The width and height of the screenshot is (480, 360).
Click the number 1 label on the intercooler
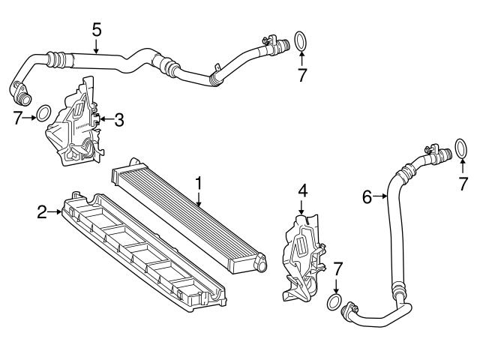199,182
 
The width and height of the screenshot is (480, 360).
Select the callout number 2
42,212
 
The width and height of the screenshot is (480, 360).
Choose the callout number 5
96,30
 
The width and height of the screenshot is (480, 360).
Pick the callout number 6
367,197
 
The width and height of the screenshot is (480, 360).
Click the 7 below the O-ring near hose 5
301,75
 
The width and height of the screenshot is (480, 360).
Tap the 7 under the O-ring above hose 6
464,181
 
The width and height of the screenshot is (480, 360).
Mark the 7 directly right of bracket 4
337,268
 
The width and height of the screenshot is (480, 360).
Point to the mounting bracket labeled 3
75,124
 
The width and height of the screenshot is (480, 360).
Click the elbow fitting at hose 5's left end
19,93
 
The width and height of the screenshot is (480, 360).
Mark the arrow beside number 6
380,197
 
